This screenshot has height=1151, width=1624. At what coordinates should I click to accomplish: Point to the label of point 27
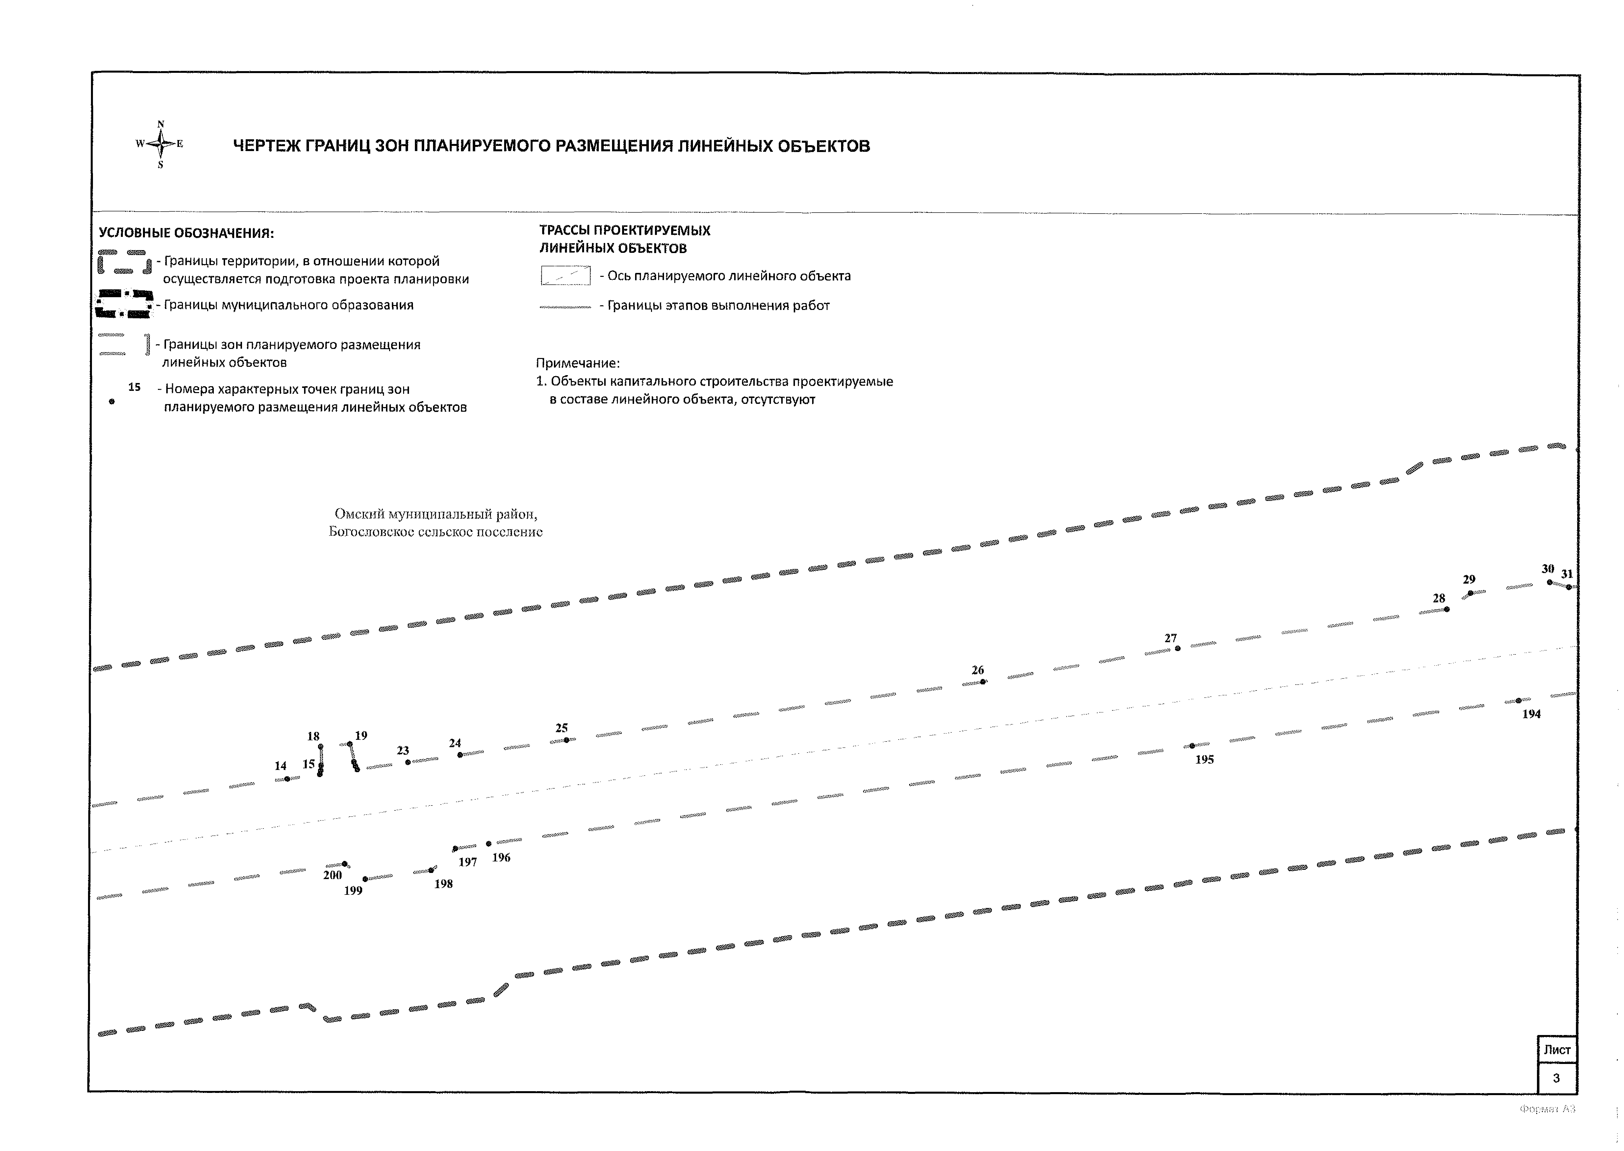pos(1171,638)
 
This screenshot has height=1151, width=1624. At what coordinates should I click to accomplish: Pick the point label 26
pos(978,670)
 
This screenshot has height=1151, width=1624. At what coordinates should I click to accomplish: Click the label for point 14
pos(281,766)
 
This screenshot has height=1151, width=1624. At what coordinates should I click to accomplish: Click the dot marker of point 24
pos(460,755)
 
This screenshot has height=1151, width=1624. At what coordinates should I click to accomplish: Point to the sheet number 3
pos(1556,1078)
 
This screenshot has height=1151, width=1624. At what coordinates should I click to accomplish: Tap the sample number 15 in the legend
pos(135,387)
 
